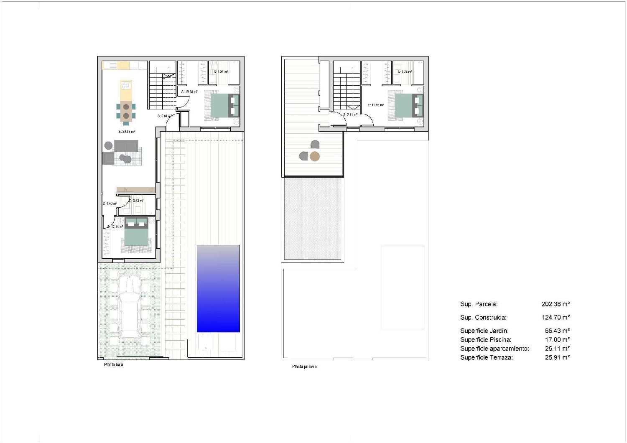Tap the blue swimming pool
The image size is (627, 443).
click(x=218, y=288)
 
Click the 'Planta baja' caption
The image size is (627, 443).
click(x=114, y=365)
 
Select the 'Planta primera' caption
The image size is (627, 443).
click(x=304, y=367)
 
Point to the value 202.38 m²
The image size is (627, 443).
click(x=556, y=304)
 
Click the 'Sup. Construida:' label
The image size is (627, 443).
click(x=483, y=318)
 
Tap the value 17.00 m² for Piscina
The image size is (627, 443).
click(x=557, y=340)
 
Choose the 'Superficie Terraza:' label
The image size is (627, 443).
click(x=486, y=358)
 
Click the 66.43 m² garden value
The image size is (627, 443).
click(x=557, y=331)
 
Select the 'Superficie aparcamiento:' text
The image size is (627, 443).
click(x=494, y=349)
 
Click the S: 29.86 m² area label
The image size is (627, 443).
click(x=126, y=132)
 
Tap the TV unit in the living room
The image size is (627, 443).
click(x=136, y=190)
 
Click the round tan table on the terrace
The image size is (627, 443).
click(x=315, y=157)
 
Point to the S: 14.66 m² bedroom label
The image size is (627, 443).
click(x=375, y=105)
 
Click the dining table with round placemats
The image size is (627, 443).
click(x=126, y=111)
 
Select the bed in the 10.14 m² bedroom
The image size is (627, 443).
click(x=136, y=235)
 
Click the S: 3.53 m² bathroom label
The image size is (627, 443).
click(x=136, y=201)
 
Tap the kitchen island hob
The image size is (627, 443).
click(x=126, y=86)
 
